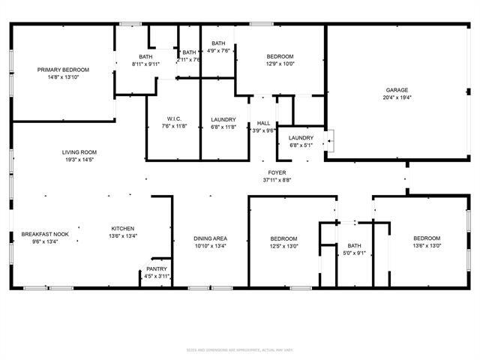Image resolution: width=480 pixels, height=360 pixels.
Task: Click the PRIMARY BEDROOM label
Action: pyautogui.click(x=63, y=70)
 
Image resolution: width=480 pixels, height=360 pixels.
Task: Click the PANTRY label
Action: pyautogui.click(x=157, y=269)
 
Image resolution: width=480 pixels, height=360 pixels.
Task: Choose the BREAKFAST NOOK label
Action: pyautogui.click(x=45, y=234)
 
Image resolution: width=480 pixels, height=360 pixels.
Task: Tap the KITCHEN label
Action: pyautogui.click(x=123, y=229)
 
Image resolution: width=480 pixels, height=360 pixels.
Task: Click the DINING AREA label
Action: pyautogui.click(x=210, y=238)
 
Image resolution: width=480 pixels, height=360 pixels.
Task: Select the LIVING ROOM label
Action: pyautogui.click(x=79, y=152)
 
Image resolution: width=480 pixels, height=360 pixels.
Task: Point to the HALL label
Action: pyautogui.click(x=263, y=123)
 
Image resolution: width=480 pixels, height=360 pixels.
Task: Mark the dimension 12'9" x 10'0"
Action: pyautogui.click(x=280, y=64)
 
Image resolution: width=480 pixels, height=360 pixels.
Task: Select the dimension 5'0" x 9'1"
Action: pyautogui.click(x=354, y=253)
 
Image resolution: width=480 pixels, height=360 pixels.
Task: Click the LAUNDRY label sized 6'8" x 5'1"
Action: pyautogui.click(x=301, y=138)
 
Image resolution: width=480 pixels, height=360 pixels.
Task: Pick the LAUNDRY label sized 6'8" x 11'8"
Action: pyautogui.click(x=223, y=119)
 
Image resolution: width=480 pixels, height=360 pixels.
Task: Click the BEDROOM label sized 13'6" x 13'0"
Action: pyautogui.click(x=426, y=238)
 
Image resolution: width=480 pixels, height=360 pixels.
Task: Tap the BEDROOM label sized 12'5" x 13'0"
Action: pyautogui.click(x=283, y=238)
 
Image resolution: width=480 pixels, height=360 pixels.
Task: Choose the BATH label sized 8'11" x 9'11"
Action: pyautogui.click(x=145, y=57)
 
